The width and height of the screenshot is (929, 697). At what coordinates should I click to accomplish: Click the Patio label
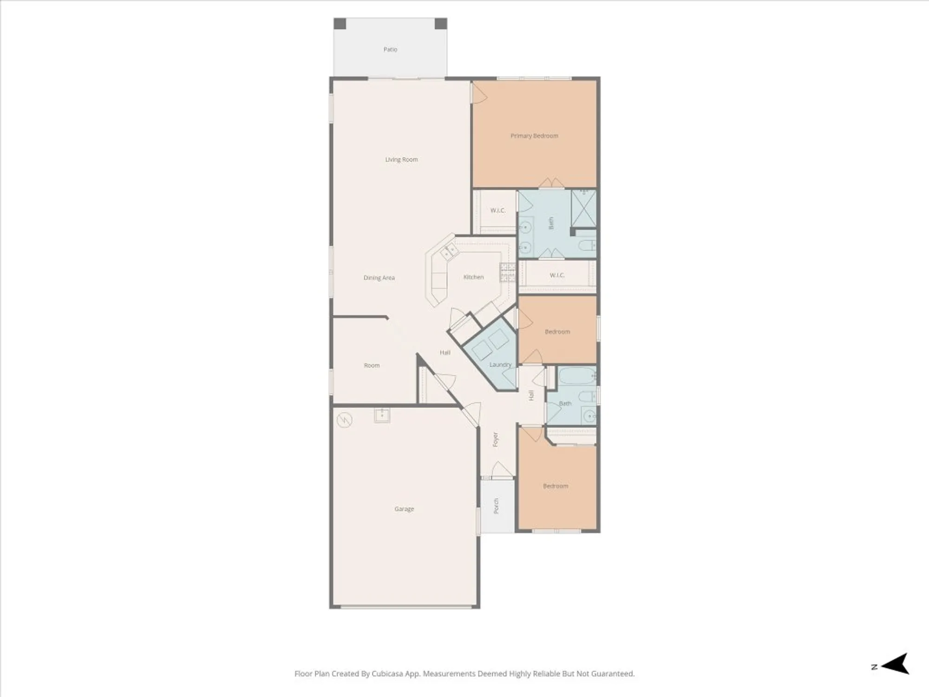coord(390,49)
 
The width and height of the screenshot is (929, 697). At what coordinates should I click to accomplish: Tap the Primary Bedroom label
coord(534,136)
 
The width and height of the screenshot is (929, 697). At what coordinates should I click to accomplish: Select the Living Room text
coord(401,159)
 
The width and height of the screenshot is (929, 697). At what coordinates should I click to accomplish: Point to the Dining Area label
coord(379,278)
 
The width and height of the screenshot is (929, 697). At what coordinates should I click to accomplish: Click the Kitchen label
coord(473,277)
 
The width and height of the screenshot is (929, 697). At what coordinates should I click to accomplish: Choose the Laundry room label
coord(500,365)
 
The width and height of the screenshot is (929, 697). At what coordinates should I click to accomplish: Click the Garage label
coord(404,509)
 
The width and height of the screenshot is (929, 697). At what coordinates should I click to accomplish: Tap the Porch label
coord(496,506)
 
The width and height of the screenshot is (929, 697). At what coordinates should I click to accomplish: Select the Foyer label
coord(495,439)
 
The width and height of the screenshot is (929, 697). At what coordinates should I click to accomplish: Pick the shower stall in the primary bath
coord(583,208)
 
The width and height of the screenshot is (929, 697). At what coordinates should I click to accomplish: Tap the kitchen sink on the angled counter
coord(449,252)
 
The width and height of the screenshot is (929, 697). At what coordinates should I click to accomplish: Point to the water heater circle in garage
coord(344,420)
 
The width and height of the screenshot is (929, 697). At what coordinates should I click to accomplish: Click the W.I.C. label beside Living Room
coord(497,210)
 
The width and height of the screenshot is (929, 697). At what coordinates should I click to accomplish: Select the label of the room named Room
coord(372,366)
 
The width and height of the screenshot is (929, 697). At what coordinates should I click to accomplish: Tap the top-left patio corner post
coord(340,24)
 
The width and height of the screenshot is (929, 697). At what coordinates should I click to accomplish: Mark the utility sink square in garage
coord(382,415)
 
